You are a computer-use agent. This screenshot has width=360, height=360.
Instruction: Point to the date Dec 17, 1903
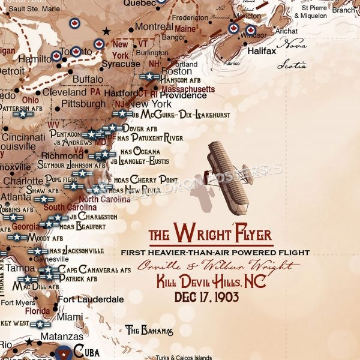206,296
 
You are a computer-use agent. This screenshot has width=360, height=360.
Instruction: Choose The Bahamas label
149,330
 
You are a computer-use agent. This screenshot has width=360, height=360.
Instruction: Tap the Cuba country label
86,352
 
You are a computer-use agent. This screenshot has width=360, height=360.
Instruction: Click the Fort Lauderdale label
91,299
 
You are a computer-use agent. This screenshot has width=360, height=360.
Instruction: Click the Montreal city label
154,27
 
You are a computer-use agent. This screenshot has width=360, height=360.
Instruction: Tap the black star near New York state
107,31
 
